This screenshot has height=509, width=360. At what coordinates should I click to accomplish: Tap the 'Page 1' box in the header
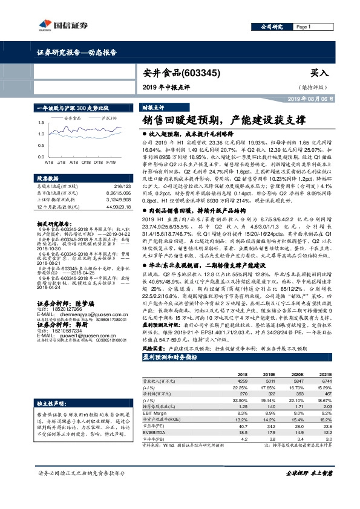pyautogui.click(x=303, y=27)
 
